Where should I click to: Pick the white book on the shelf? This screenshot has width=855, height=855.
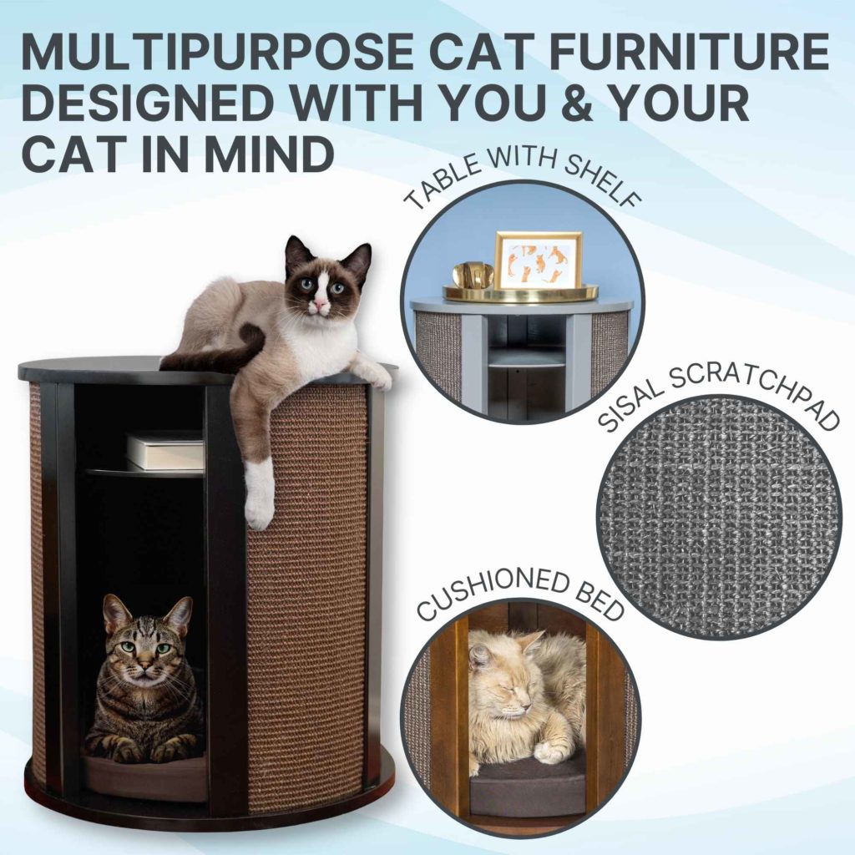(x=165, y=451)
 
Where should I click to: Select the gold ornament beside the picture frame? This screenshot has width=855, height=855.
(x=473, y=276)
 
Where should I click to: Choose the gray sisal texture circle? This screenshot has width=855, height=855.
(x=718, y=518)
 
